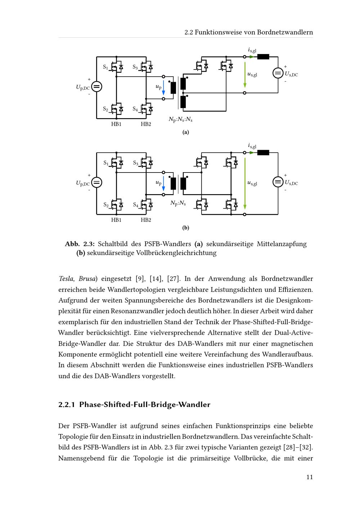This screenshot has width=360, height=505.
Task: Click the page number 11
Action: [310, 477]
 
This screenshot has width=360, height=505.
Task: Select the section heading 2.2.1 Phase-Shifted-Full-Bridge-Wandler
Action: [134, 405]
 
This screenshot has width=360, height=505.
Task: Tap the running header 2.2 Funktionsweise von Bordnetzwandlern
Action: [248, 32]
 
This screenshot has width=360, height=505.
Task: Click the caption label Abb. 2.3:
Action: [80, 244]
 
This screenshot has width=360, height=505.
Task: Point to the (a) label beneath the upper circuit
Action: [186, 132]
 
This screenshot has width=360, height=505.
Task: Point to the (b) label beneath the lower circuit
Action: [186, 228]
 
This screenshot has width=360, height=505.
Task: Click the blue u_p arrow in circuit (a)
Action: [163, 88]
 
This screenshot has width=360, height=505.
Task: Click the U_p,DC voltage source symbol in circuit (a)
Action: [96, 87]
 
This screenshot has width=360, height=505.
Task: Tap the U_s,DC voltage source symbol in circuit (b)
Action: [278, 182]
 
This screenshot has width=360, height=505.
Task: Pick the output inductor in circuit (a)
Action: [263, 57]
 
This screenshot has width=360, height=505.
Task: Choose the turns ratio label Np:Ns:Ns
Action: [180, 119]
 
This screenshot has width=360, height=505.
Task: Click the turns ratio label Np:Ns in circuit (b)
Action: [178, 203]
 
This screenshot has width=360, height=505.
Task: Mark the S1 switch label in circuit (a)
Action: [105, 67]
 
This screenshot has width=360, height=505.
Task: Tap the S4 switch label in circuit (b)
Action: [135, 205]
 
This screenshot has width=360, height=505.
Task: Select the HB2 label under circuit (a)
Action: [146, 124]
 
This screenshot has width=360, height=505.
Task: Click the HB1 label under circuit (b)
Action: [116, 220]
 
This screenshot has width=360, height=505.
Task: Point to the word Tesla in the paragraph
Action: [66, 278]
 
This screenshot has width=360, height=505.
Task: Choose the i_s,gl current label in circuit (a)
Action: [252, 50]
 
